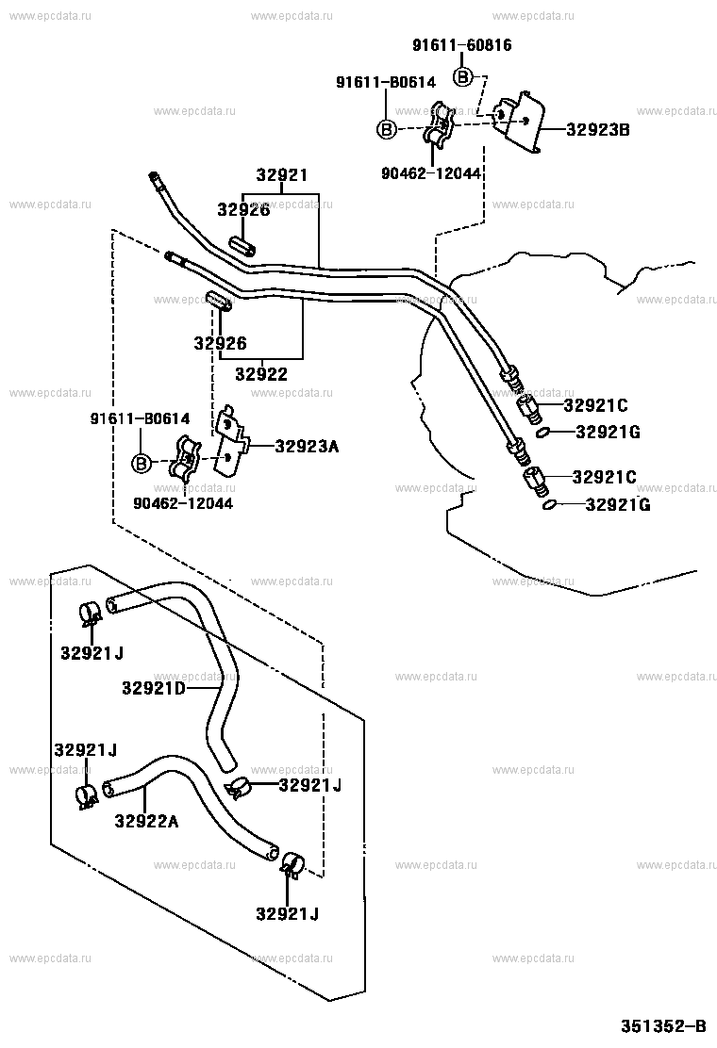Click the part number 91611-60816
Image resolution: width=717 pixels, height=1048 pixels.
coord(462,44)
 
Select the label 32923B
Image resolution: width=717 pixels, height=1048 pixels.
coord(597,130)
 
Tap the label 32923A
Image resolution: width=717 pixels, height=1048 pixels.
coord(307,446)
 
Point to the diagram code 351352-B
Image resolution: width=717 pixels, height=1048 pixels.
coord(662,1026)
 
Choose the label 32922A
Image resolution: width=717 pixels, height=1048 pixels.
coord(146,821)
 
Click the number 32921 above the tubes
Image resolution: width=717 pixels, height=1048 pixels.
coord(282,176)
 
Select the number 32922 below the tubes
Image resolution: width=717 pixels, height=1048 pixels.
coord(261,374)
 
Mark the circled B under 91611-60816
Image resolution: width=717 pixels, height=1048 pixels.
coord(464,76)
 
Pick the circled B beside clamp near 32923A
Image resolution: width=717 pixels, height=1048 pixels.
coord(141,463)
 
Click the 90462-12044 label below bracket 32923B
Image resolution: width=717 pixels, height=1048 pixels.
coord(431,173)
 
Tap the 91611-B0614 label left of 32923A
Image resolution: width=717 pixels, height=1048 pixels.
coord(140,418)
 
